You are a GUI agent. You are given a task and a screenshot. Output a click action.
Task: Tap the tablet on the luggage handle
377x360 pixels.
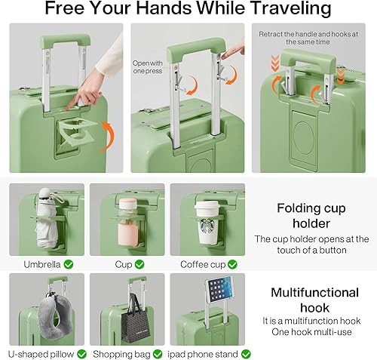[218, 291]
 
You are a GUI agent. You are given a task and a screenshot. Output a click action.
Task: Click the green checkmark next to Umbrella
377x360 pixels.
[69, 264]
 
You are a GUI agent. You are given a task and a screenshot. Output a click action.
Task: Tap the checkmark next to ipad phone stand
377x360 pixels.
[246, 353]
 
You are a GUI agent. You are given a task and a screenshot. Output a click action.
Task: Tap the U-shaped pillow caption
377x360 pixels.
[41, 353]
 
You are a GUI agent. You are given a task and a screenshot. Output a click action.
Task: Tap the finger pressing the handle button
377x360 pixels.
[231, 51]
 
